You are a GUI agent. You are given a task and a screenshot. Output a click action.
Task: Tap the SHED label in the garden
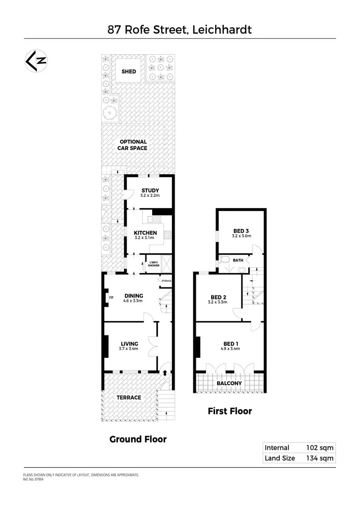pos(129,71)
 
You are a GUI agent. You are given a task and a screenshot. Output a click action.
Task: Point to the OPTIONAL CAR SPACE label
pos(133,145)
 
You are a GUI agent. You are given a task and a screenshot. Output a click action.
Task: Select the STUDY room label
pos(149,190)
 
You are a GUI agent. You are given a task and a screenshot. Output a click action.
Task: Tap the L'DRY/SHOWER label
pos(154,263)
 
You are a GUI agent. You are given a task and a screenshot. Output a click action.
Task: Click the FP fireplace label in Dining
pos(111,297)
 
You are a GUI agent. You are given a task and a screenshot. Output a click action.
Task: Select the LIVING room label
pos(130,343)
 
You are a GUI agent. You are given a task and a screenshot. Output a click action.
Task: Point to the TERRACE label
pos(129,397)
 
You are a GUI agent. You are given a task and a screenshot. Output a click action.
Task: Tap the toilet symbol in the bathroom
pos(224,261)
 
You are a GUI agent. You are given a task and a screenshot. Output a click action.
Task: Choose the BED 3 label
pos(241,231)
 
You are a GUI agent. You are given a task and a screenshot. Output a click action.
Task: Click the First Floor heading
pos(229,411)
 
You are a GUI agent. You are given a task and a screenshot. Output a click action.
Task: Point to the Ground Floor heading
pos(138,439)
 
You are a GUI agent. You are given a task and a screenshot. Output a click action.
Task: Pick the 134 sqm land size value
pos(320,458)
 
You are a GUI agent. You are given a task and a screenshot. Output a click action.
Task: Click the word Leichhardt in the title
pos(222,30)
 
